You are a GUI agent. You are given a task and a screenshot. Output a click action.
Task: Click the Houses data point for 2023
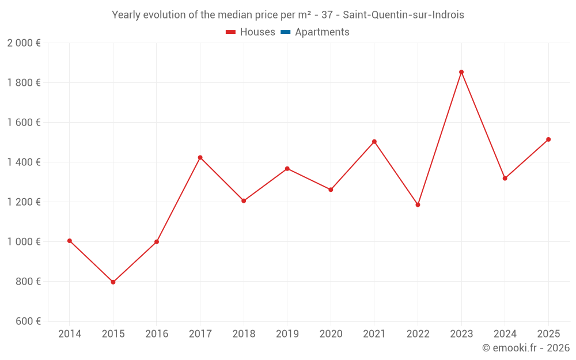coord(461,72)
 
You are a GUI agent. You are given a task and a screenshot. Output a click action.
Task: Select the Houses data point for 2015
coord(113,282)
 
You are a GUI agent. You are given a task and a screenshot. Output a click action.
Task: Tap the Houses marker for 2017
coord(200,157)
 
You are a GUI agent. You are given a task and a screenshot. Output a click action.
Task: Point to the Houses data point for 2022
coord(418,204)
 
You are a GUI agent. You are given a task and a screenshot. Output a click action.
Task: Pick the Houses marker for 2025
coord(548,139)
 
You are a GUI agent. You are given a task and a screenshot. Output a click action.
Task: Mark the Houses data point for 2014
coord(70,241)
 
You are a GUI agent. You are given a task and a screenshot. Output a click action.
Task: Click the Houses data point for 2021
coord(374,142)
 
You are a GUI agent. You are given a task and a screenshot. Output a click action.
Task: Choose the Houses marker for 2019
coord(287,169)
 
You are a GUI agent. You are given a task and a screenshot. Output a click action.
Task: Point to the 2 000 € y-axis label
coord(24,43)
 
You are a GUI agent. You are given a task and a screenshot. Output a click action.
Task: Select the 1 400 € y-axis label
coord(24,162)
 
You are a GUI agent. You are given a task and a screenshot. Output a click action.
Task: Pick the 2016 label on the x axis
coord(157,334)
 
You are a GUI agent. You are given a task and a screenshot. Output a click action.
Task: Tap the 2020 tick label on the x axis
coord(331,334)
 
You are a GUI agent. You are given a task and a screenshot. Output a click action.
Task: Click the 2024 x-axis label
coord(505,334)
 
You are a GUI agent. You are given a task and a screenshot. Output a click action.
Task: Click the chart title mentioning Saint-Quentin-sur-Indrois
coord(287,15)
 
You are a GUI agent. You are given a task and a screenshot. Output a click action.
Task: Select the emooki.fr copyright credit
coord(525,348)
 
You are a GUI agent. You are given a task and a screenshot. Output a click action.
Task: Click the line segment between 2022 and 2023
coord(439,138)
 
